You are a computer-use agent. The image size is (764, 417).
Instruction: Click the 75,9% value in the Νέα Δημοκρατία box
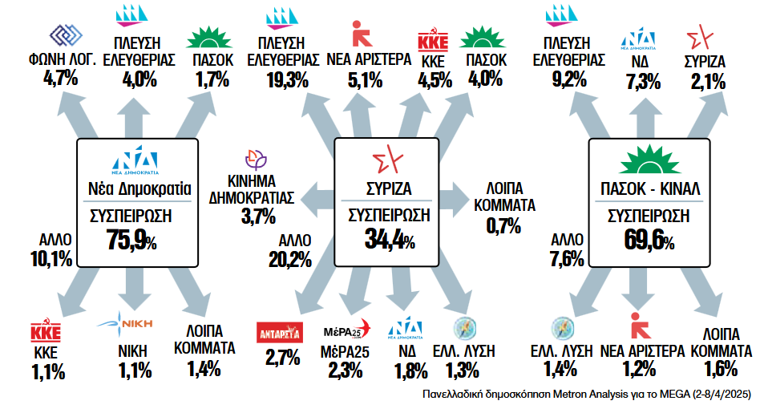pyautogui.click(x=131, y=240)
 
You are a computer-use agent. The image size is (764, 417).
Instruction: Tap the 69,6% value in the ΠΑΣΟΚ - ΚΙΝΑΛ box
pyautogui.click(x=645, y=240)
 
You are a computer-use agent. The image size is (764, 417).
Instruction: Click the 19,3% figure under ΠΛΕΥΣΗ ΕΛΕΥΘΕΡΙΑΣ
pyautogui.click(x=289, y=79)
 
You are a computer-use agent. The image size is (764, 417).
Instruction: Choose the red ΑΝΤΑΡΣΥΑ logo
pyautogui.click(x=277, y=331)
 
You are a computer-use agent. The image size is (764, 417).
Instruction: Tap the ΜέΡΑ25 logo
pyautogui.click(x=347, y=329)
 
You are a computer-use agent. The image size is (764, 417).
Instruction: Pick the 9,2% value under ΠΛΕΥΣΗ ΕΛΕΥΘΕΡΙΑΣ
pyautogui.click(x=567, y=79)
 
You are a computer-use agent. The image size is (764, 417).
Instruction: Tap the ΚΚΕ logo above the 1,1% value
pyautogui.click(x=46, y=331)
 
